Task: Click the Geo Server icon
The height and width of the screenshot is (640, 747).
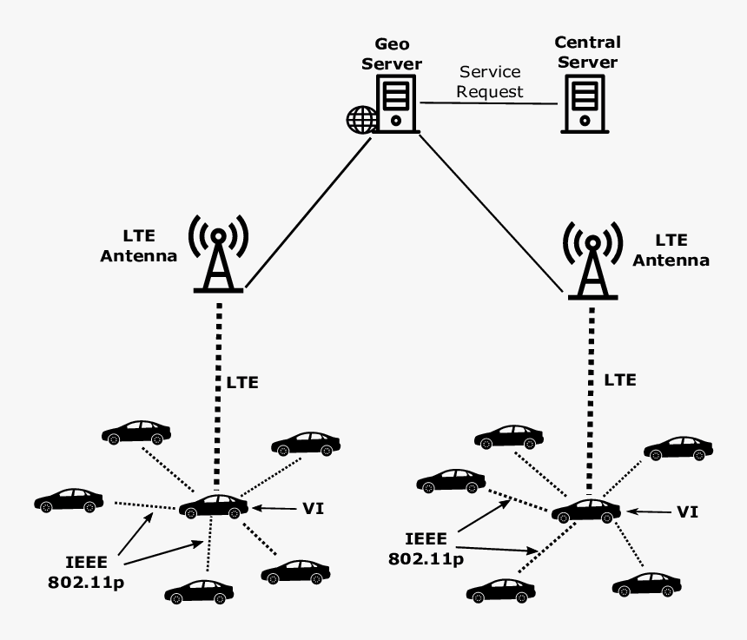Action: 396,102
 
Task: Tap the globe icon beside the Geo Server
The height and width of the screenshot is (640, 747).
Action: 360,119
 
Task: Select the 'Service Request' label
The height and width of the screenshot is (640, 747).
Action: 491,82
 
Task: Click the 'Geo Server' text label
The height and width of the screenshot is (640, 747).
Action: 398,54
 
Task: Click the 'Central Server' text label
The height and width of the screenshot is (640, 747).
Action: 587,52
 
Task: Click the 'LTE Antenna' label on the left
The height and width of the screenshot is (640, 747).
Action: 140,247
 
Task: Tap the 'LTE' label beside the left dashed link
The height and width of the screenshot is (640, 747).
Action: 242,382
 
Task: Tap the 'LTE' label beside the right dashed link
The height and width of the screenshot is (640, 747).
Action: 620,380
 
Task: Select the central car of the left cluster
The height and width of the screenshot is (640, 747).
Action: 214,506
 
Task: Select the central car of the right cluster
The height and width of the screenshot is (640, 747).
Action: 586,511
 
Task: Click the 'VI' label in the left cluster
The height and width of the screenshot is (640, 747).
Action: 313,508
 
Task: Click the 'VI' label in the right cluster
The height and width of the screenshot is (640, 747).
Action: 687,512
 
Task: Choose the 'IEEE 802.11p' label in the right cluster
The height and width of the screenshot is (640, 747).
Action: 425,548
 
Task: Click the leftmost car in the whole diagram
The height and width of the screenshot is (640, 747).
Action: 69,499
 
